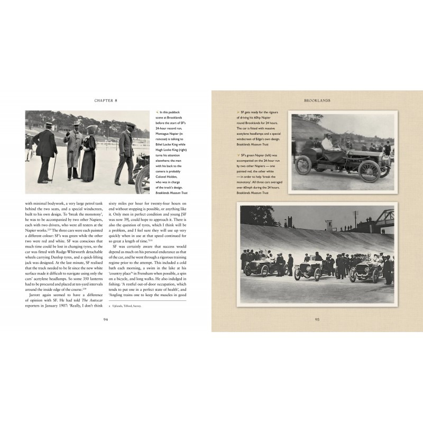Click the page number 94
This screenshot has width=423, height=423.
pyautogui.click(x=106, y=319)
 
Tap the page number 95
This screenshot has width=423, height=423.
pyautogui.click(x=317, y=319)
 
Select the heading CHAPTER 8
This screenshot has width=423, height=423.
pyautogui.click(x=106, y=99)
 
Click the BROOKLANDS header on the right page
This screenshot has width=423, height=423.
pyautogui.click(x=317, y=99)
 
